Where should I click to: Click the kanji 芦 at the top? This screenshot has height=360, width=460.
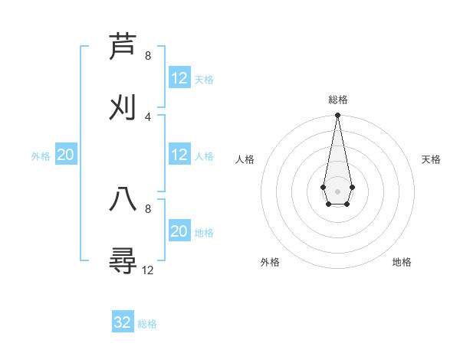[x=123, y=47]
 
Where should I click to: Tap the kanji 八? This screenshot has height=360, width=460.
[x=123, y=200]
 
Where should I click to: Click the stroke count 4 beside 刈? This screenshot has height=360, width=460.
[x=148, y=116]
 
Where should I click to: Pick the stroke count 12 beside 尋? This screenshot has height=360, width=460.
[x=148, y=270]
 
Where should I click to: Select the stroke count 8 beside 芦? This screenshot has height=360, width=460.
[x=148, y=56]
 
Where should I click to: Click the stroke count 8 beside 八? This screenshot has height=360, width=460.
[x=148, y=208]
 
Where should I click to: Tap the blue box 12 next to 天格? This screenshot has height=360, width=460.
[x=179, y=78]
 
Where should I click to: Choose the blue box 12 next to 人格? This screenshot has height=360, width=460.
[x=179, y=155]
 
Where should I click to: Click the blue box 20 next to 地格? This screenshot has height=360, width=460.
[x=179, y=231]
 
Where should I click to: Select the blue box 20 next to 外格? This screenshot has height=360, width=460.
[x=66, y=155]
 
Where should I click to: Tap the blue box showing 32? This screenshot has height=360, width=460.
[x=123, y=322]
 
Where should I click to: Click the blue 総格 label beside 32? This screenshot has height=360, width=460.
[x=147, y=324]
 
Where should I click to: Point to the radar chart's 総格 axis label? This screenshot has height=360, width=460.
[x=337, y=100]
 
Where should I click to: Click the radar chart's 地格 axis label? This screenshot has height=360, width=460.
[x=402, y=262]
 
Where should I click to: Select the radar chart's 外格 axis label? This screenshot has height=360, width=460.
[x=270, y=262]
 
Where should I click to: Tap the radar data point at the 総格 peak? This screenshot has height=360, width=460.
[x=337, y=116]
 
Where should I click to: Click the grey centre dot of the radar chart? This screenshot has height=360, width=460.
[x=337, y=190]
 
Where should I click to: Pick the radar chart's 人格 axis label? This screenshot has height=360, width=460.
[x=245, y=159]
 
